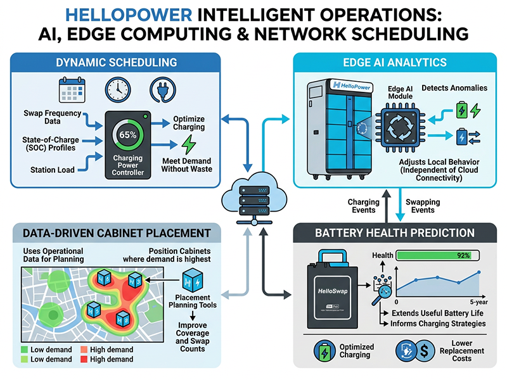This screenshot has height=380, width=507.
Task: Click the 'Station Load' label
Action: [x=53, y=169]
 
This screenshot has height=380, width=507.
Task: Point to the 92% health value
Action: [x=462, y=255]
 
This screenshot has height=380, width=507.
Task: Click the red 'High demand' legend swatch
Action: [x=85, y=360]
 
